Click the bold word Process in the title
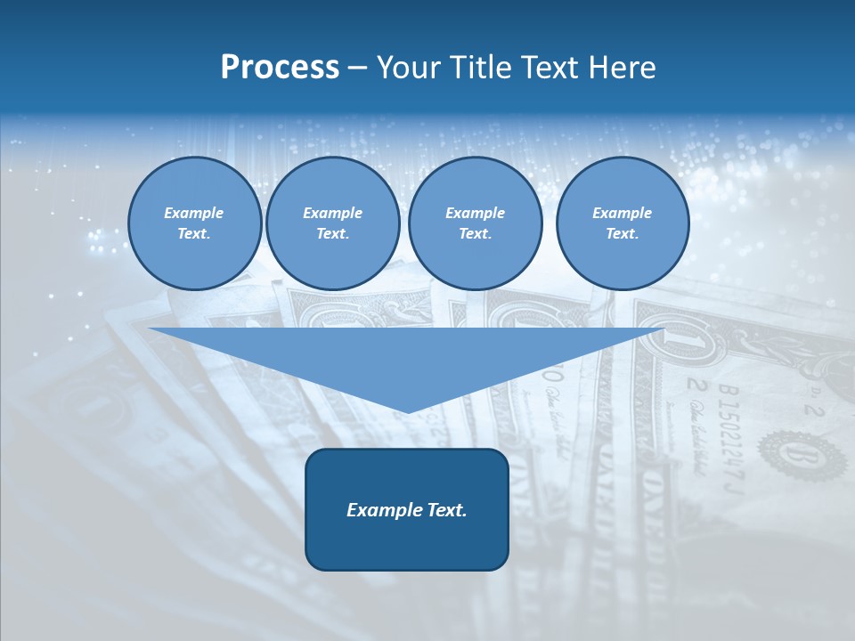280,68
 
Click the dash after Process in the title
357,69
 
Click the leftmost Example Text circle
194,223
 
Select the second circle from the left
332,223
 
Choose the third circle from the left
475,223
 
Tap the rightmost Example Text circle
622,223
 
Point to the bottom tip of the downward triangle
407,411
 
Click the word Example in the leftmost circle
194,213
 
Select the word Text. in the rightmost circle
622,234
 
